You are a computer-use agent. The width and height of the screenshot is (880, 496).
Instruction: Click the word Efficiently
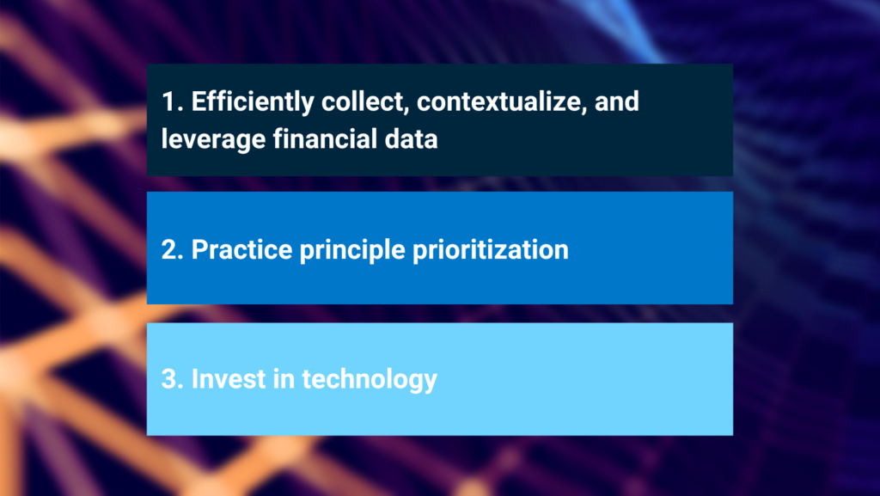tap(253, 102)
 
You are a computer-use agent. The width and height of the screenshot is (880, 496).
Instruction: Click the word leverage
tap(213, 139)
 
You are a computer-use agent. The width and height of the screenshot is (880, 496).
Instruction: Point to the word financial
tap(325, 138)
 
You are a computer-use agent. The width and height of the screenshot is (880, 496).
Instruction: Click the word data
tap(411, 138)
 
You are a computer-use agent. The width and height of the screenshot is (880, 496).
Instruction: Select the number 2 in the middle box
tap(169, 249)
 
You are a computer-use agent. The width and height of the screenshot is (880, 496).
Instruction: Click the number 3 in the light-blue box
tap(169, 379)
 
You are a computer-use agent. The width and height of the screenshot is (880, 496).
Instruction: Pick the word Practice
tap(241, 249)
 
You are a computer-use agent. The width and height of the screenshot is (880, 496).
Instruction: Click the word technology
tap(370, 380)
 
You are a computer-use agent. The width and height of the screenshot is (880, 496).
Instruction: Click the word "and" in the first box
tap(617, 101)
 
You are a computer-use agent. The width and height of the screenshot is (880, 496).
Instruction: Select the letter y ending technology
tap(430, 383)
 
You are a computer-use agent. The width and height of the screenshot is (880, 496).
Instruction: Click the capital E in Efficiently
tap(199, 101)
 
